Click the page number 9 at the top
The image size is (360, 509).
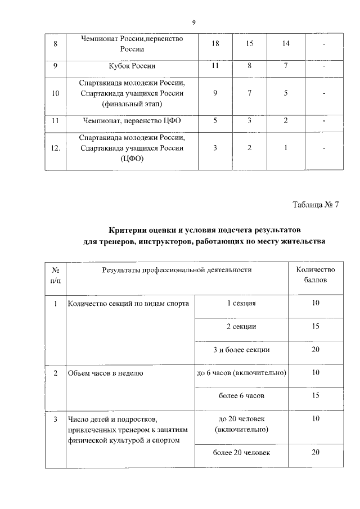point(193,22)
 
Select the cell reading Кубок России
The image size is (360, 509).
point(132,66)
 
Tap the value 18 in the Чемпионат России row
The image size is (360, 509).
point(216,44)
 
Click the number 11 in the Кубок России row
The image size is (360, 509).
point(216,66)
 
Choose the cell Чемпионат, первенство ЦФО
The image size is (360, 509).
point(132,120)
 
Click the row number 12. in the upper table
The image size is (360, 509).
point(55,148)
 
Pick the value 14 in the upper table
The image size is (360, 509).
point(286,44)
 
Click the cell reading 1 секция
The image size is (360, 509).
point(241,304)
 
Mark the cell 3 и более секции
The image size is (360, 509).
point(241,350)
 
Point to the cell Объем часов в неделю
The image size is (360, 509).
point(106,373)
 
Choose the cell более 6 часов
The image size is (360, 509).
point(241,396)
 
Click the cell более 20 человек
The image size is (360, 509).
point(241,453)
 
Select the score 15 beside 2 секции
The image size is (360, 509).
point(316,327)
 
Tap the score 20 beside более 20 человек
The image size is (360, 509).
point(316,453)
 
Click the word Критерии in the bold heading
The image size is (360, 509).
point(130,231)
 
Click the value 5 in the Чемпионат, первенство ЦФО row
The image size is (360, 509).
point(216,120)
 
